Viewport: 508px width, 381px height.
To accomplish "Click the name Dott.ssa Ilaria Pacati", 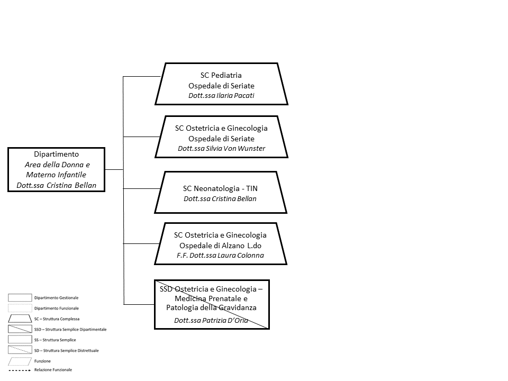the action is point(221,96).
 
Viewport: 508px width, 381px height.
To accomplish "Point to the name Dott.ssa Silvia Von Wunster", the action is point(221,148).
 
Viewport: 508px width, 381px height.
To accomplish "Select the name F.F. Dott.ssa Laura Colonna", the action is point(220,255).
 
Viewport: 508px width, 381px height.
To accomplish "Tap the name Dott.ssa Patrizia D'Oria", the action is point(211,321).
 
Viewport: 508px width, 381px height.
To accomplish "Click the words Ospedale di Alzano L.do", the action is point(220,246).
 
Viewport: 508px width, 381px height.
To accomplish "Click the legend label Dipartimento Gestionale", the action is point(57,298).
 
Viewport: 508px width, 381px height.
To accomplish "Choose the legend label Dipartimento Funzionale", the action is point(57,309).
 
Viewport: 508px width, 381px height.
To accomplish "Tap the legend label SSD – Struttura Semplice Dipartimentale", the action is point(70,330).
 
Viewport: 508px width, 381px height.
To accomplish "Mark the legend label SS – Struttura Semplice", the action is point(55,340).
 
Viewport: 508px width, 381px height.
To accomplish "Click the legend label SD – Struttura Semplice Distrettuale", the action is point(67,350).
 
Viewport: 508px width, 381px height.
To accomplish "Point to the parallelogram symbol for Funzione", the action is point(20,361).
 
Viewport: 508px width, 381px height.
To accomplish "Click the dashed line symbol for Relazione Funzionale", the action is point(20,370).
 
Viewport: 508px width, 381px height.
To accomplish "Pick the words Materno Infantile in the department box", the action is point(56,175).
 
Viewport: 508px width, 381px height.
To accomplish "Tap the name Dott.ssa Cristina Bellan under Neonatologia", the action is point(220,198).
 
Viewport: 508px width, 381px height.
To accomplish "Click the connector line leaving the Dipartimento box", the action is point(114,169).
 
